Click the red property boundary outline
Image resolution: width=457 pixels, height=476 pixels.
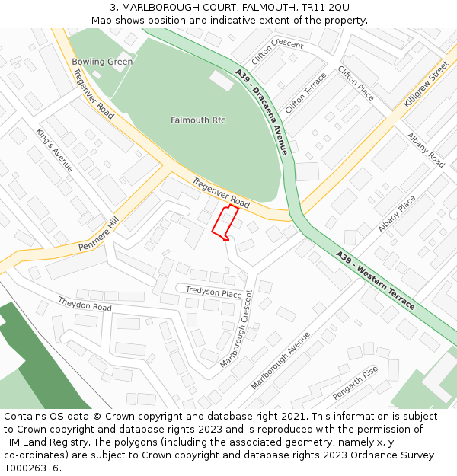225,222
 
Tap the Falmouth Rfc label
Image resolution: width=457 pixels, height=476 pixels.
198,120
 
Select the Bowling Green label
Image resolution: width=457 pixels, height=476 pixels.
102,62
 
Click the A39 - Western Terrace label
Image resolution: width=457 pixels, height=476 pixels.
376,280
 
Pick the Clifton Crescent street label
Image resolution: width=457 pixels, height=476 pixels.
277,51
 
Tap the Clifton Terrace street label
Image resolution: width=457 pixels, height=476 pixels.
305,92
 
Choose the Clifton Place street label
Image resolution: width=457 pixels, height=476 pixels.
356,83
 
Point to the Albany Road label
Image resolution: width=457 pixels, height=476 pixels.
426,150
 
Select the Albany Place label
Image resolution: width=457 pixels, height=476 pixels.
397,214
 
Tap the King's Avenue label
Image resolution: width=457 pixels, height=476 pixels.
54,149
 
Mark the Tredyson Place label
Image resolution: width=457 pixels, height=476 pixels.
214,292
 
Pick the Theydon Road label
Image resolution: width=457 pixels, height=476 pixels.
85,303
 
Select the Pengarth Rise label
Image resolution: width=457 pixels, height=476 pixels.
355,383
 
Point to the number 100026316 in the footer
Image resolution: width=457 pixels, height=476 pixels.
31,468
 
